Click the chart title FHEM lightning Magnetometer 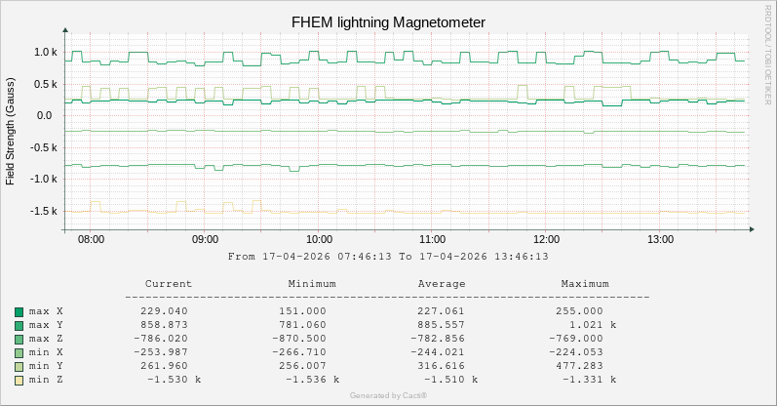(388, 22)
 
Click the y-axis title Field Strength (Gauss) (11, 132)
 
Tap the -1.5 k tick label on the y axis (45, 211)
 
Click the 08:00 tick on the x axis (91, 239)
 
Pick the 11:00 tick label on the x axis (433, 239)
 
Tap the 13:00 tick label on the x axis (660, 239)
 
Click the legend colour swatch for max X (19, 311)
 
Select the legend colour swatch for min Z (19, 380)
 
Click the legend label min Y (46, 366)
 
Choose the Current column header (168, 284)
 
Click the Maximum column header (585, 284)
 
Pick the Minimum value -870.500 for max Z (309, 339)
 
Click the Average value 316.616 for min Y (445, 366)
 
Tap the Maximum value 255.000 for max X (581, 311)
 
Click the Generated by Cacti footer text (388, 395)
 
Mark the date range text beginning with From (388, 257)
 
